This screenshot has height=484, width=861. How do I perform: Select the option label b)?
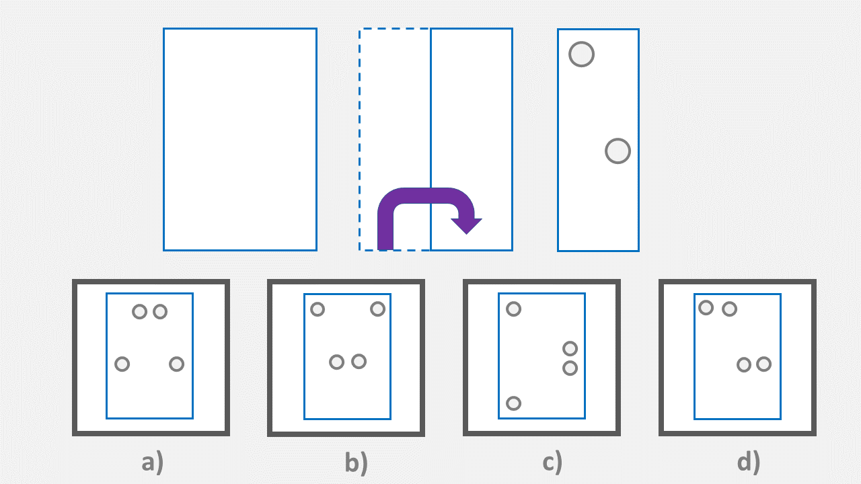[356, 462]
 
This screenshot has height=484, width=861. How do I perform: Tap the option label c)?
[552, 462]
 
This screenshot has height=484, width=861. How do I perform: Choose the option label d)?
[748, 462]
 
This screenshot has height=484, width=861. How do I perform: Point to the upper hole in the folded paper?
[581, 54]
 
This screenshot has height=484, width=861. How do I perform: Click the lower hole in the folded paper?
[617, 151]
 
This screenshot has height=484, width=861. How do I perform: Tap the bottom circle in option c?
[513, 403]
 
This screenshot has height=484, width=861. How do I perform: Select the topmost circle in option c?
[513, 309]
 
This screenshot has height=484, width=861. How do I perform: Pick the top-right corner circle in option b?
[377, 309]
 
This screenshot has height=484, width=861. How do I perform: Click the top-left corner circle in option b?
[317, 309]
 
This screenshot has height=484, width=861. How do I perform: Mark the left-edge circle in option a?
[122, 364]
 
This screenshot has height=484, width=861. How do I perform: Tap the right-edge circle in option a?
[176, 364]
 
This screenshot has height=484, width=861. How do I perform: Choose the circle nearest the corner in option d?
[706, 308]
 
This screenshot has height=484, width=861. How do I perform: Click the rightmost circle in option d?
[763, 364]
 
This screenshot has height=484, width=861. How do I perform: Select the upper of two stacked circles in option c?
[570, 348]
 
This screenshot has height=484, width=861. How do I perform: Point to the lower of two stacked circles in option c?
[570, 368]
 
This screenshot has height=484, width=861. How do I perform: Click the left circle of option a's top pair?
[139, 311]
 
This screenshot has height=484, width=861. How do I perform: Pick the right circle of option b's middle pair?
[359, 362]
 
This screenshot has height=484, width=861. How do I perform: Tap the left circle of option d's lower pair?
[743, 364]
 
